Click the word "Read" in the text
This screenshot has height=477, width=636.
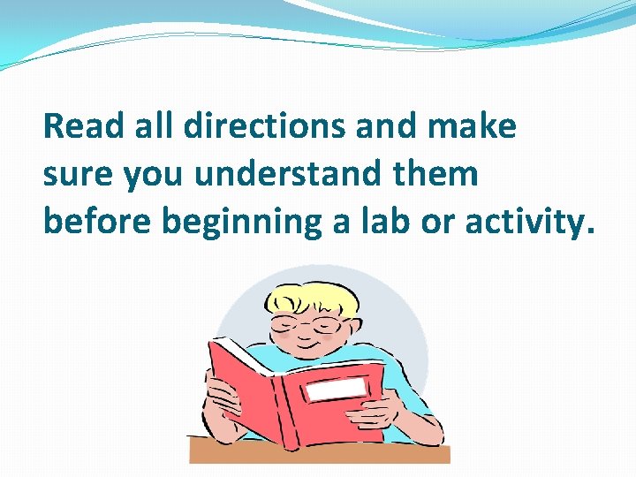click(79, 127)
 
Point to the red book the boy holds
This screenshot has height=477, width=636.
click(265, 389)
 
